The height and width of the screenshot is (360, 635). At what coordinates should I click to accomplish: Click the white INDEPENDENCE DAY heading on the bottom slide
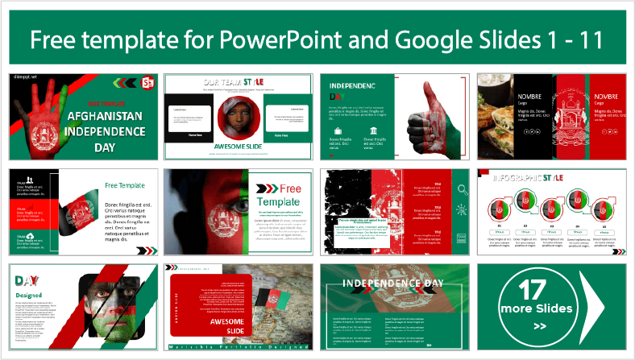(393, 283)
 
